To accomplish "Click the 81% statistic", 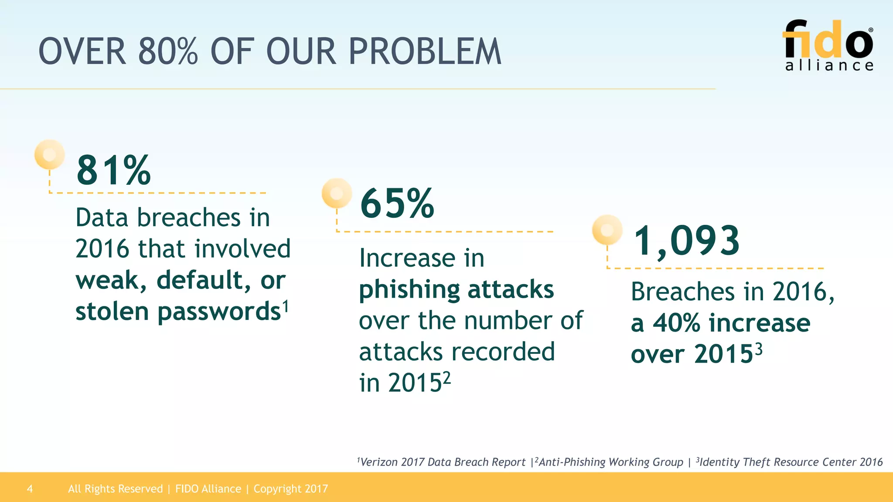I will point(113,170).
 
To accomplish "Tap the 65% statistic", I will point(397,204).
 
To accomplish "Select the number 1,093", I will point(686,241).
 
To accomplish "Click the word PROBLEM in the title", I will point(425,52).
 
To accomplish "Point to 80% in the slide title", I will point(168,52).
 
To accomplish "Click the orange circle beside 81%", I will point(50,154).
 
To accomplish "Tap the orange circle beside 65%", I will point(337,193).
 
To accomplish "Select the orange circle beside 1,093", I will point(607,230).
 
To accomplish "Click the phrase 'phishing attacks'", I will point(456,290).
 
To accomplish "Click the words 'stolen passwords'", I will point(178,312).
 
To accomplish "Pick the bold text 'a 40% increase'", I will point(720,323).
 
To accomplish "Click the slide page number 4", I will point(30,488).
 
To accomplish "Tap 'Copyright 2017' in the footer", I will point(290,488).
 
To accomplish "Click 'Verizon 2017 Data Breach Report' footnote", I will point(443,462).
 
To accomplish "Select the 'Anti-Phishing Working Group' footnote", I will point(610,462).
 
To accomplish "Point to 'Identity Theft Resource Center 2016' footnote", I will point(791,462).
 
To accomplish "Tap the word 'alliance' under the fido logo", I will point(829,65).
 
